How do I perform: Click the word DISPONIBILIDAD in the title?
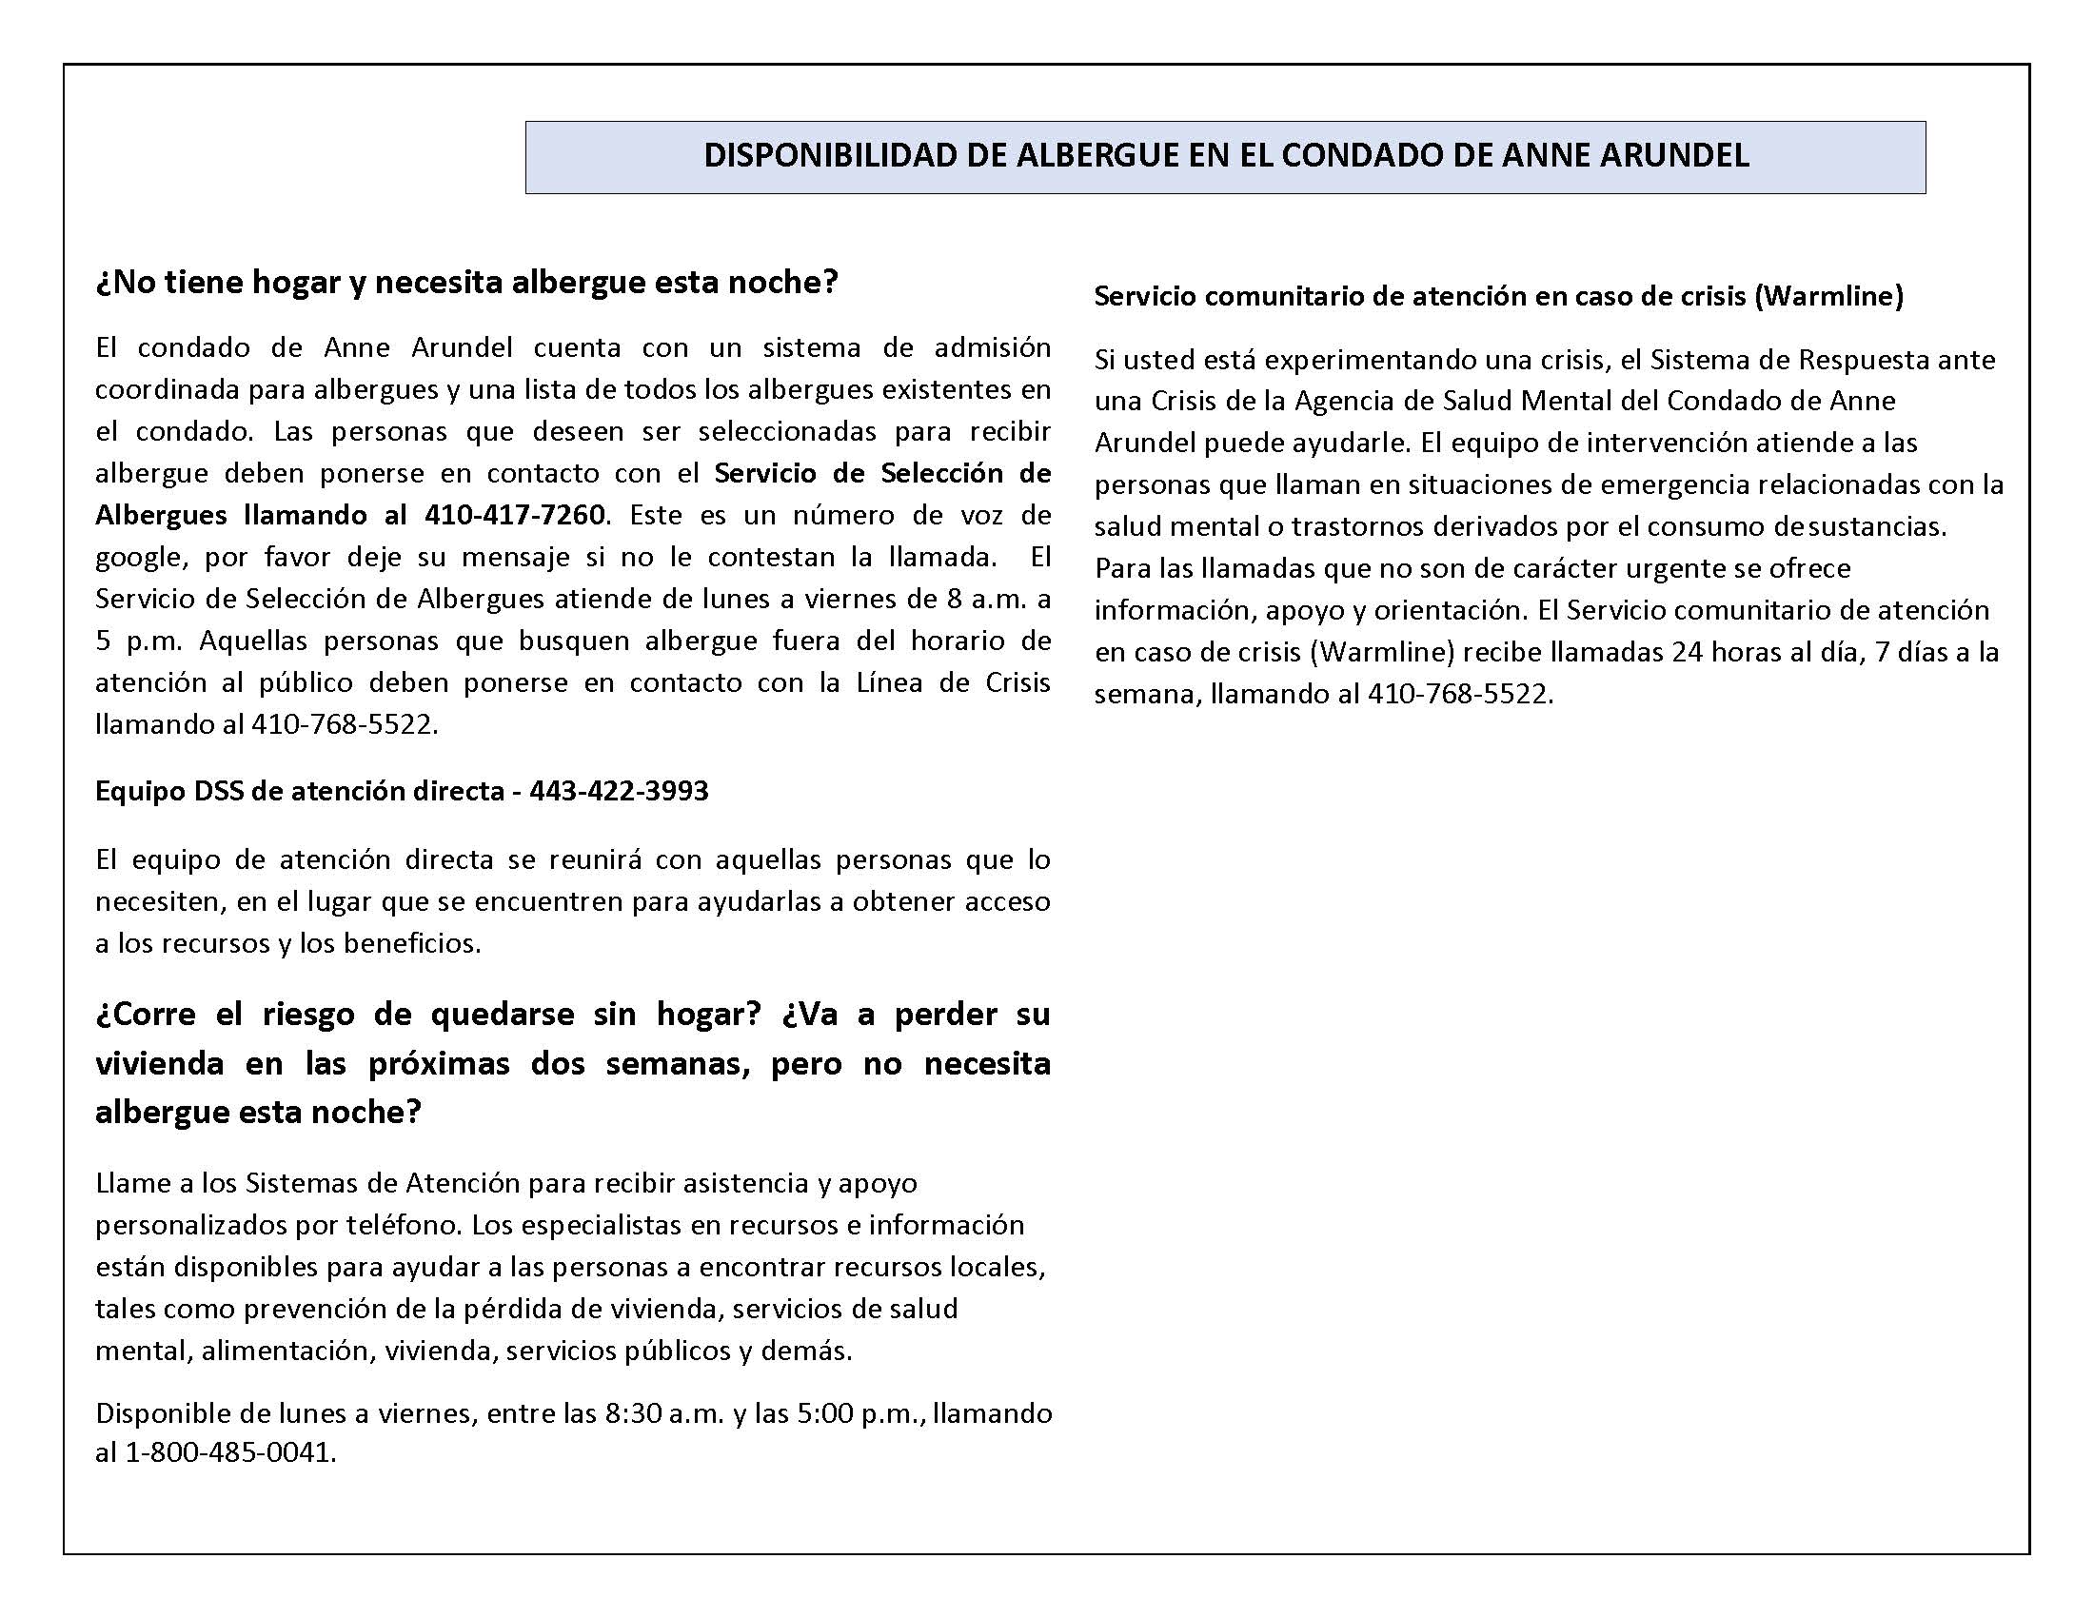(831, 155)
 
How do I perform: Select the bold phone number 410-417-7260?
(514, 515)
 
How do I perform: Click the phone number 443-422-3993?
(619, 791)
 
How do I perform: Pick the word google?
(139, 558)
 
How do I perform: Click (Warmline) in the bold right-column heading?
(1828, 296)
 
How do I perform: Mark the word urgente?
(1679, 568)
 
